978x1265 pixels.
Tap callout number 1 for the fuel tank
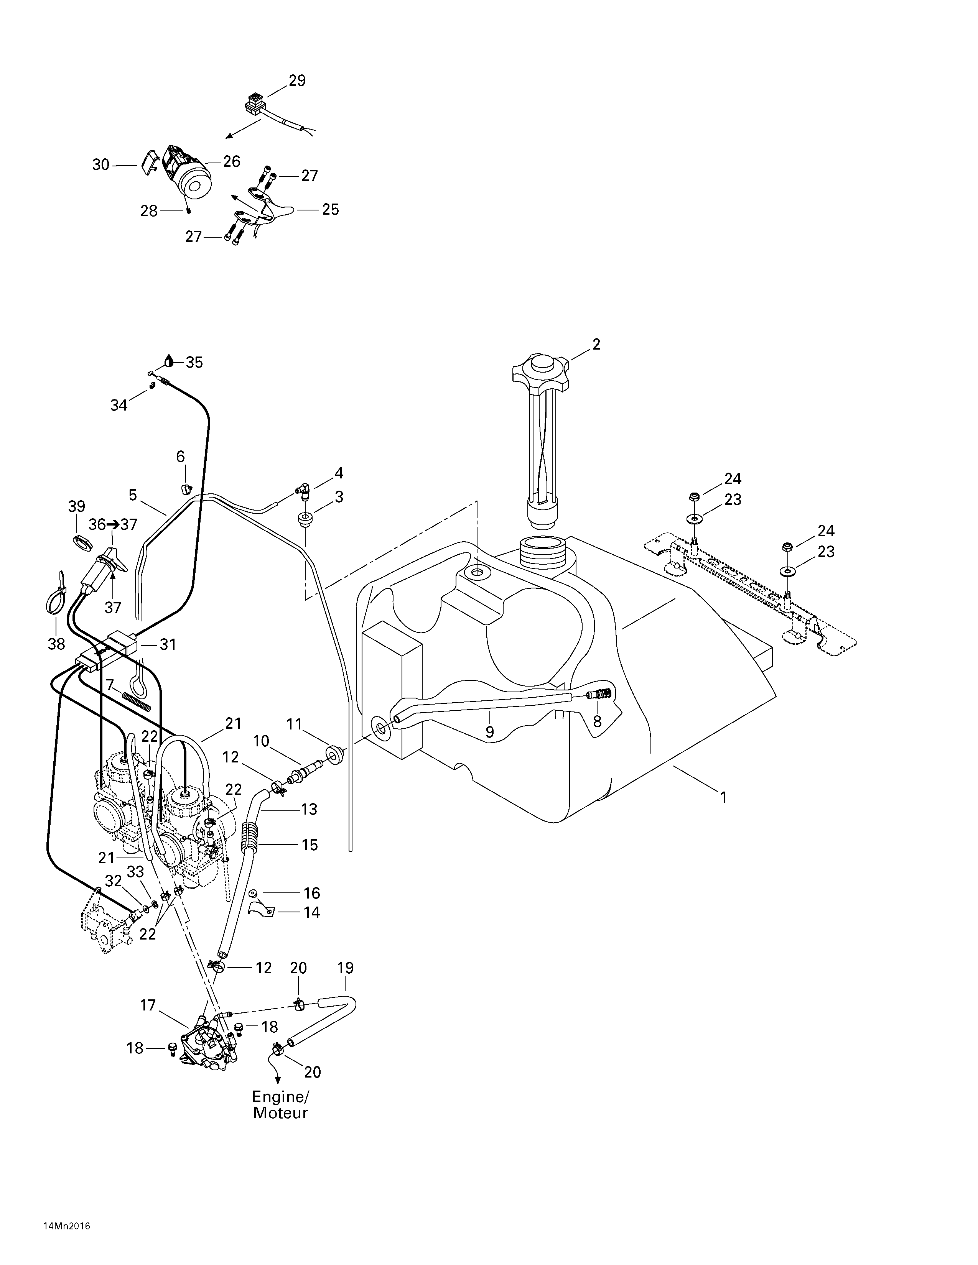pyautogui.click(x=723, y=798)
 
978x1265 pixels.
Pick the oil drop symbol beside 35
pyautogui.click(x=169, y=361)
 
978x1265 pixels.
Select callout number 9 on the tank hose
pyautogui.click(x=490, y=732)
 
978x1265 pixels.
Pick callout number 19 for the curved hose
pyautogui.click(x=345, y=968)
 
